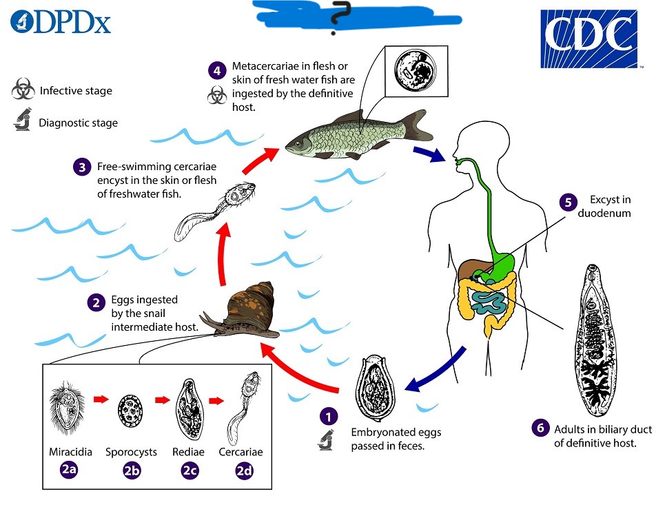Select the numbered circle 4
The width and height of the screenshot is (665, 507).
click(218, 70)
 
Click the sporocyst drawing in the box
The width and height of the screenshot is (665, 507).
click(130, 413)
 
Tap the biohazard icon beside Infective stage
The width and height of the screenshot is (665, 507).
click(23, 90)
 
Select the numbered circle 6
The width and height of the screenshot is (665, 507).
click(540, 428)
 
